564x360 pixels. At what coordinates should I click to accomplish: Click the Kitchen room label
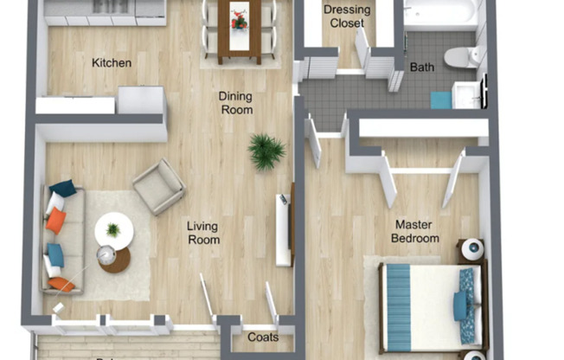[112, 62]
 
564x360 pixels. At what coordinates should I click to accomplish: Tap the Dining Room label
[235, 103]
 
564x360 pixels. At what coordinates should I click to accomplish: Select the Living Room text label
[202, 233]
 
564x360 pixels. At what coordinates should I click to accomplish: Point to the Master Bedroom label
[415, 231]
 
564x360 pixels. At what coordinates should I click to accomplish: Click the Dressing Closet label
[347, 16]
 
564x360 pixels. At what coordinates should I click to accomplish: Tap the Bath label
[422, 67]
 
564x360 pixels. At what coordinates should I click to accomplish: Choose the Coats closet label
[263, 337]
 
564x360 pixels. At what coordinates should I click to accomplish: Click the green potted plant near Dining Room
[266, 151]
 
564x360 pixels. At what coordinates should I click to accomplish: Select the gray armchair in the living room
[158, 186]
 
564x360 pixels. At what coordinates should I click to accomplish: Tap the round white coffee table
[113, 230]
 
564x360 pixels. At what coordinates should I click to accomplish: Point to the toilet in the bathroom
[462, 57]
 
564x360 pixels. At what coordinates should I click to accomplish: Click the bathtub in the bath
[440, 13]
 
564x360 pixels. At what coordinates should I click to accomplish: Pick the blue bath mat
[441, 100]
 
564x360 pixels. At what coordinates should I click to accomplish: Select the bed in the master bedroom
[430, 303]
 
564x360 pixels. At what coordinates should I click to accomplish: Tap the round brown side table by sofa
[113, 259]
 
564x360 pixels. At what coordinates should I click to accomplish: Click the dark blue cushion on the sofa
[62, 187]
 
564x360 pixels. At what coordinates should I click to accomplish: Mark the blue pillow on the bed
[458, 304]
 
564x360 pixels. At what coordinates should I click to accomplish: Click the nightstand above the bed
[471, 250]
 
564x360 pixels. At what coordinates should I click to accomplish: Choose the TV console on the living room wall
[285, 228]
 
